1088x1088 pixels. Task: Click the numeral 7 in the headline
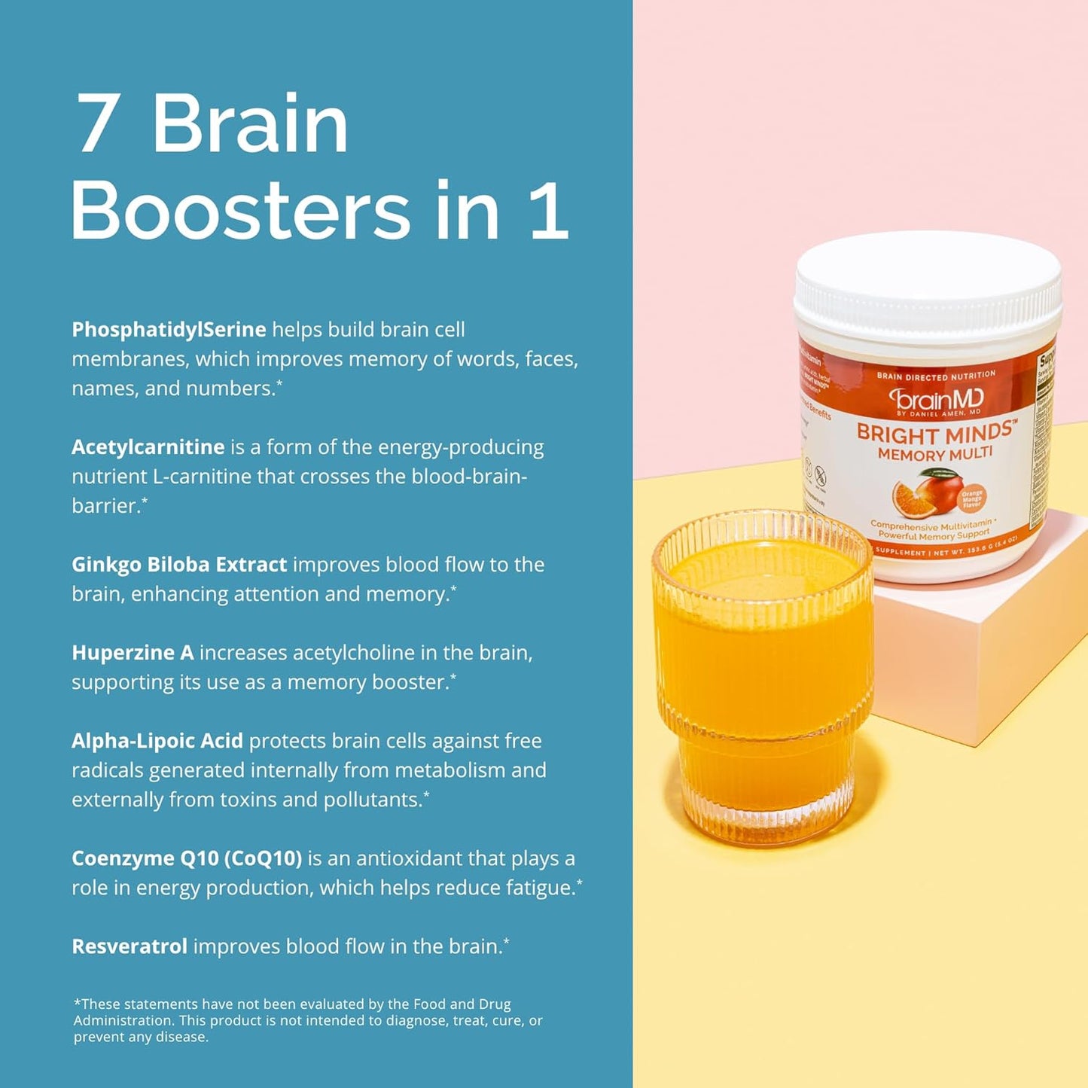97,124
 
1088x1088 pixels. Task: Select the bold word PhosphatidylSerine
169,330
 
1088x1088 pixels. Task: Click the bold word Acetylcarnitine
148,447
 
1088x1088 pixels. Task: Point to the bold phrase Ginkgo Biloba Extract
179,565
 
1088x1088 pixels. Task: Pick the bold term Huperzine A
133,653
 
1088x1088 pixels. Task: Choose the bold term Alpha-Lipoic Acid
157,741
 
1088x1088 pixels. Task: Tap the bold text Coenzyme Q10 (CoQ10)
187,858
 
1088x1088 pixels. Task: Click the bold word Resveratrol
129,946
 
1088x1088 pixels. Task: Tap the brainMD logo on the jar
936,399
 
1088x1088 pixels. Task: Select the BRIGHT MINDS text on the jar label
934,434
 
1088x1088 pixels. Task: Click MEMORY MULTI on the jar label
935,453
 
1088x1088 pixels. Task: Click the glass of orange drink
762,678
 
